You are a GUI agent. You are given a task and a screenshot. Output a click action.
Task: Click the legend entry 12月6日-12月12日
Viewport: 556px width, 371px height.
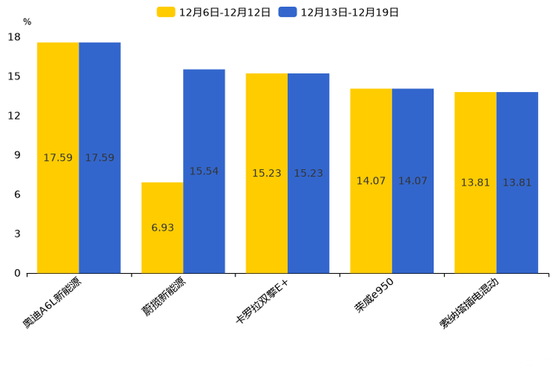[x=214, y=12]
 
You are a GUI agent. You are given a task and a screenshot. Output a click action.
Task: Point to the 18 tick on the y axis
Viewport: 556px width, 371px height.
[x=14, y=37]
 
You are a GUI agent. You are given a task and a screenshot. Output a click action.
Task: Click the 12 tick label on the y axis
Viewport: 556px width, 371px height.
[x=14, y=116]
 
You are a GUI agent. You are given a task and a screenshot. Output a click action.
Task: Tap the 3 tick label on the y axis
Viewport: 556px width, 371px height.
[x=17, y=234]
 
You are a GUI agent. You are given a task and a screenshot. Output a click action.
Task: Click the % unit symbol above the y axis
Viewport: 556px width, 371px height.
[x=27, y=22]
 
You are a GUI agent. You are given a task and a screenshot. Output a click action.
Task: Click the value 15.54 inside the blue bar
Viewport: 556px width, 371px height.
[x=204, y=171]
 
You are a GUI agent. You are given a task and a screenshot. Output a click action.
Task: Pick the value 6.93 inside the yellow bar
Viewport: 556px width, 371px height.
[x=162, y=227]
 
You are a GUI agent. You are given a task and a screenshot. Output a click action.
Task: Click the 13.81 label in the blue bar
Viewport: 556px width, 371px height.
[x=517, y=183]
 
